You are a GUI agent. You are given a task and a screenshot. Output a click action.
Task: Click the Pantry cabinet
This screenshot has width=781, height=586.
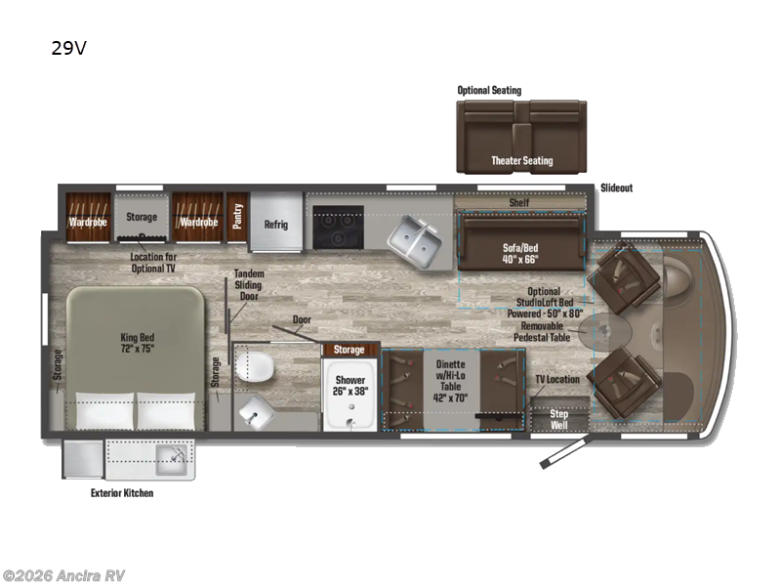tap(235, 216)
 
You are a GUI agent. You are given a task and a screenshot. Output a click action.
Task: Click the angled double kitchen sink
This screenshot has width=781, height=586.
tap(416, 238)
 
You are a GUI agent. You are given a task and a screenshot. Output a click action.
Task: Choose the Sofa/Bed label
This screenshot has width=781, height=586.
tap(519, 253)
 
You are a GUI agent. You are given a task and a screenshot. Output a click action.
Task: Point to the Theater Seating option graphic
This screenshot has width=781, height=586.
tap(521, 138)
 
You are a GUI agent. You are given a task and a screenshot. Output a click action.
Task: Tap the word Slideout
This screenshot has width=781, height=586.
tap(616, 188)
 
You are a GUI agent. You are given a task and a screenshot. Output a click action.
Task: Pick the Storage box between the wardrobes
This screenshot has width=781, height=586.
tap(141, 216)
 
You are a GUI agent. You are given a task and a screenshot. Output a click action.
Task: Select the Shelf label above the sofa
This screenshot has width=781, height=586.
tap(519, 202)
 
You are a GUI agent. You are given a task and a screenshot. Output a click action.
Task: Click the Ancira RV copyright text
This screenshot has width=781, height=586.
tap(63, 575)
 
